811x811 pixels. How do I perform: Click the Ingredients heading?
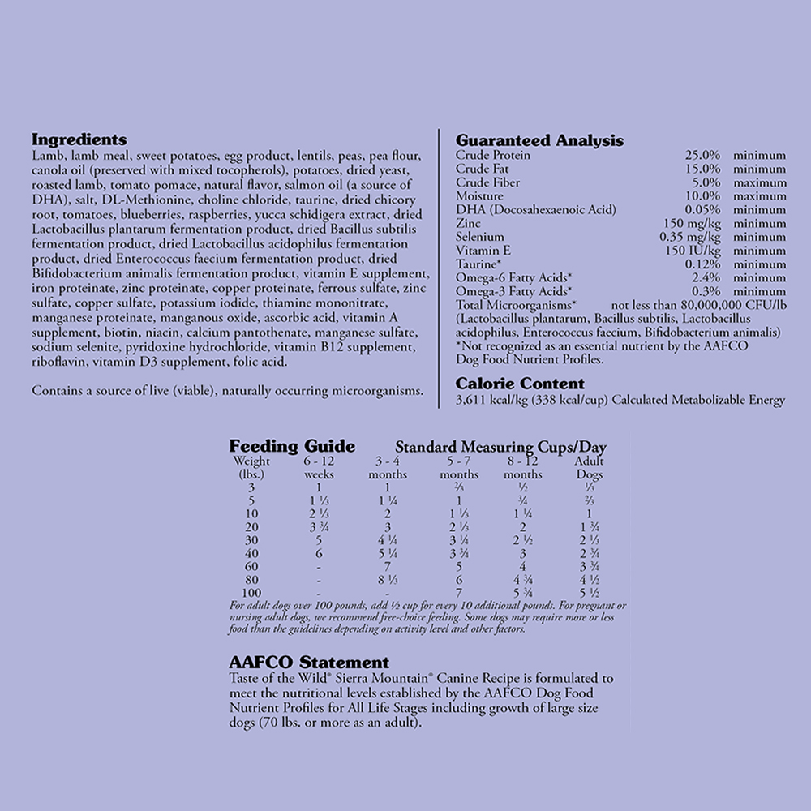(x=79, y=139)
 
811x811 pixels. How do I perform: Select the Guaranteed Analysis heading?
(x=539, y=140)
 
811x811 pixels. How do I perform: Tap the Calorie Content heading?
(x=520, y=384)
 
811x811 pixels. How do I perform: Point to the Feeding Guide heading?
(x=291, y=446)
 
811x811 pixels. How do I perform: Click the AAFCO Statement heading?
(x=308, y=663)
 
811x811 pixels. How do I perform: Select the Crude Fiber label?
(x=487, y=182)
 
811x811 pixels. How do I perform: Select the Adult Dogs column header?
(x=589, y=468)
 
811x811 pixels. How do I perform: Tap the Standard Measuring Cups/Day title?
(x=500, y=447)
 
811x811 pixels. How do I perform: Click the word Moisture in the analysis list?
(x=479, y=196)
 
